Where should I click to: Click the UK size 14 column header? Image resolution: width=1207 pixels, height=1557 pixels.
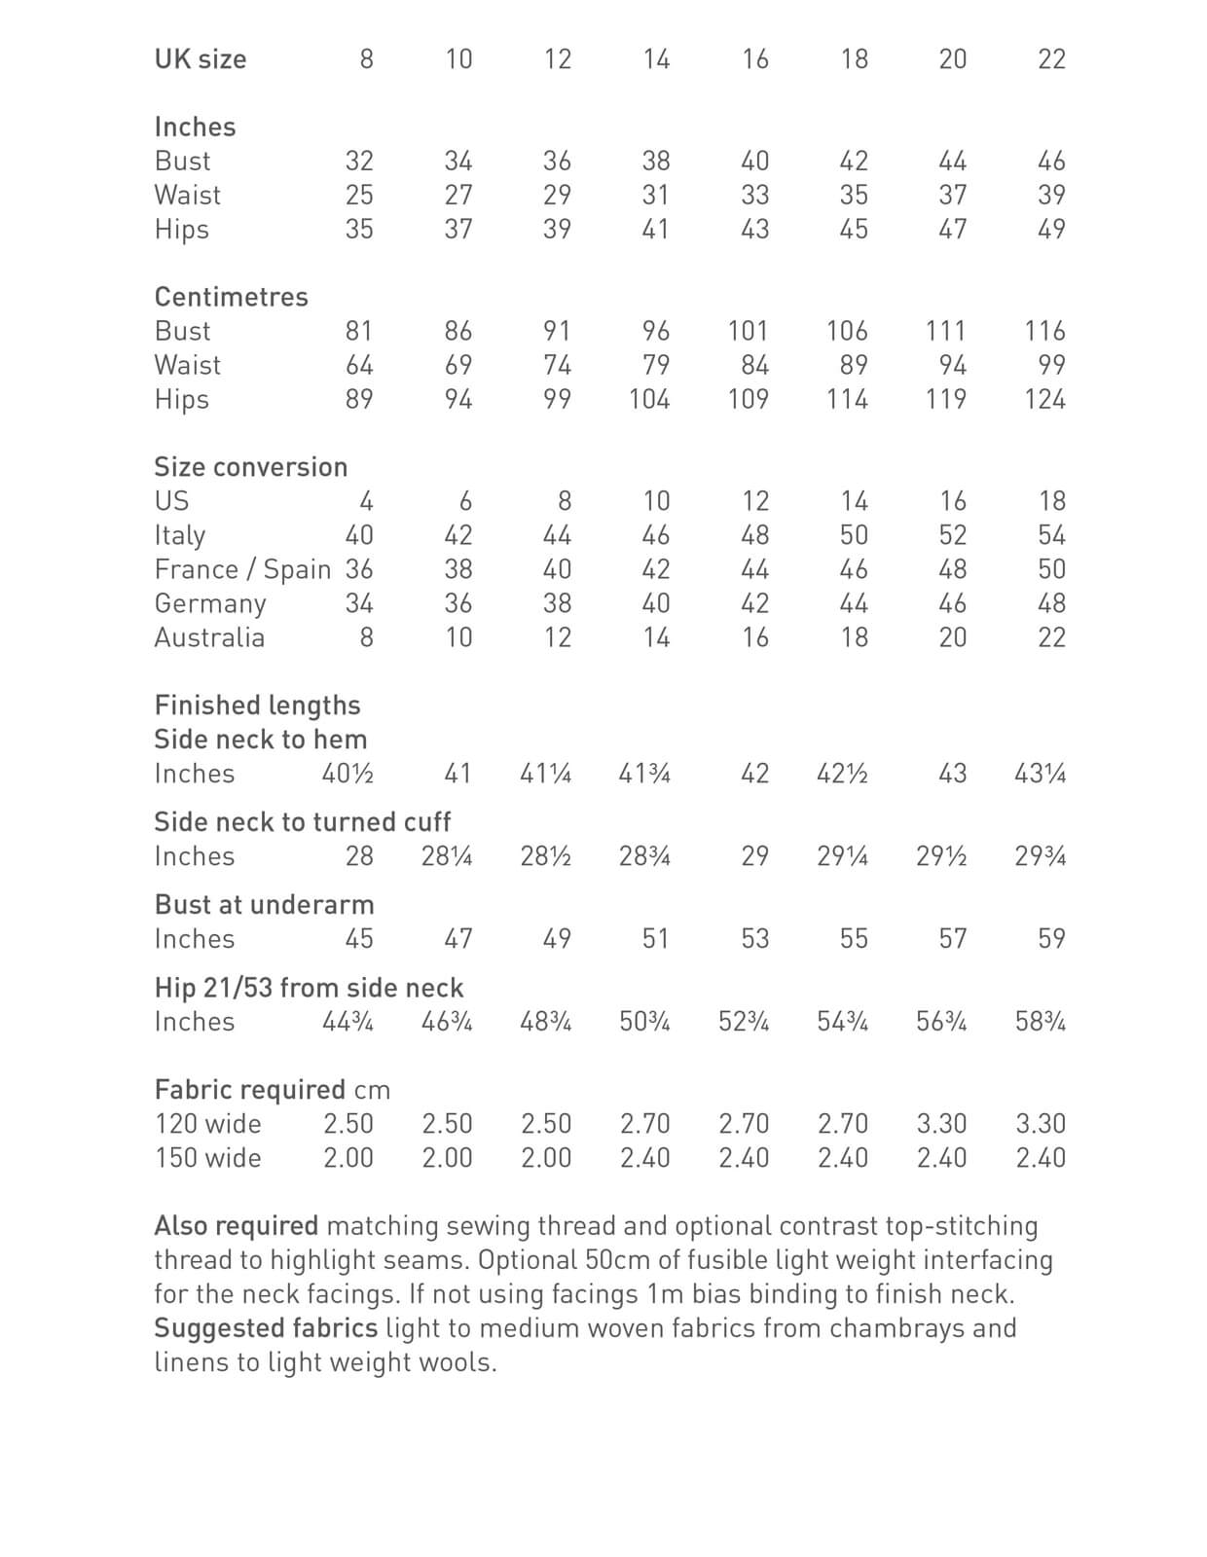coord(656,59)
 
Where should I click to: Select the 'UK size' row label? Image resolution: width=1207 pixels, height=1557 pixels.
coord(201,59)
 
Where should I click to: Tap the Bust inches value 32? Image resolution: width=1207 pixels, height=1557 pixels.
coord(359,161)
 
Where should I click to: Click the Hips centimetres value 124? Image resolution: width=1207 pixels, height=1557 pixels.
coord(1044,399)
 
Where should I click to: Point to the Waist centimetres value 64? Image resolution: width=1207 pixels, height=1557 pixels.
coord(359,365)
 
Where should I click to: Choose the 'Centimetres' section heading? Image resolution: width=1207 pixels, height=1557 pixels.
coord(231,297)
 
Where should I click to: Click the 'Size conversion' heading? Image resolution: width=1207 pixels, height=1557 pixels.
coord(250,467)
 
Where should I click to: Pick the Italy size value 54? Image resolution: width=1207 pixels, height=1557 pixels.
coord(1051,535)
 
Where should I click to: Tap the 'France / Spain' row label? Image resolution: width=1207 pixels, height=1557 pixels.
coord(242,569)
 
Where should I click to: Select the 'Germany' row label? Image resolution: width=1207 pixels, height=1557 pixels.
coord(210,603)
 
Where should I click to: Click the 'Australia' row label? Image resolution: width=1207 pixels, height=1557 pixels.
coord(209,637)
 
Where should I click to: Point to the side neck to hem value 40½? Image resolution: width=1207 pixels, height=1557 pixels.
coord(347,774)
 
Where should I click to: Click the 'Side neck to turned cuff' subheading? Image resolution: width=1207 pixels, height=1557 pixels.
coord(302,822)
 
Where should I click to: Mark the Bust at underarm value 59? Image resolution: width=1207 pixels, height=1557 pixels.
coord(1051,939)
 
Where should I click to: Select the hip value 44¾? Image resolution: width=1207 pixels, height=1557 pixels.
coord(347,1022)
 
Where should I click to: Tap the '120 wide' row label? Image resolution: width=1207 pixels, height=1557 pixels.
coord(207,1124)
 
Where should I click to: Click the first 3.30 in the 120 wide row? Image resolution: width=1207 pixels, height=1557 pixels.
coord(941,1124)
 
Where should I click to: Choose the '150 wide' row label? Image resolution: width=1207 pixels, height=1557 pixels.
coord(207,1158)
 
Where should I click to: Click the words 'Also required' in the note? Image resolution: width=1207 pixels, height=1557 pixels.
coord(236,1226)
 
